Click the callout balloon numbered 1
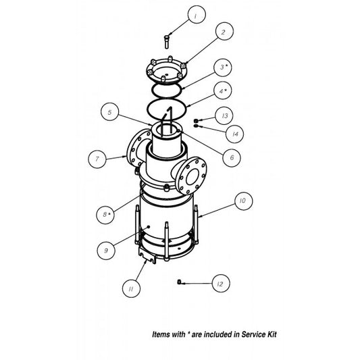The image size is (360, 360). [x=197, y=14]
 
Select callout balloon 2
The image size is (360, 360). [x=224, y=31]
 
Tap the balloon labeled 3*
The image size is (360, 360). [x=222, y=68]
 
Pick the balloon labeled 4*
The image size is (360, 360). [x=222, y=91]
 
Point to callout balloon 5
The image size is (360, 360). [x=109, y=112]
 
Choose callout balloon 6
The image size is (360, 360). [x=232, y=157]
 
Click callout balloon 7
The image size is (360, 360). [x=97, y=159]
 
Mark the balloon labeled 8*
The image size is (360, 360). [x=105, y=215]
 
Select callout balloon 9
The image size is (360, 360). [x=106, y=251]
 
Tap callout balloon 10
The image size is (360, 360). [x=244, y=201]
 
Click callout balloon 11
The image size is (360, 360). [x=131, y=288]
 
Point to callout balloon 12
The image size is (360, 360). [x=221, y=284]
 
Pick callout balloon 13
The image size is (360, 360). [x=224, y=115]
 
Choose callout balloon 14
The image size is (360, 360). [x=234, y=134]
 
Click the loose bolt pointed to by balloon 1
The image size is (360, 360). [x=167, y=42]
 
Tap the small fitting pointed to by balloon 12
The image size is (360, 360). [x=179, y=282]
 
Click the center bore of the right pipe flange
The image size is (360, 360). [x=192, y=176]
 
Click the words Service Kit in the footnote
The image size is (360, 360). [x=259, y=334]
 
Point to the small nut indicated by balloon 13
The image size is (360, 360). [x=196, y=120]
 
